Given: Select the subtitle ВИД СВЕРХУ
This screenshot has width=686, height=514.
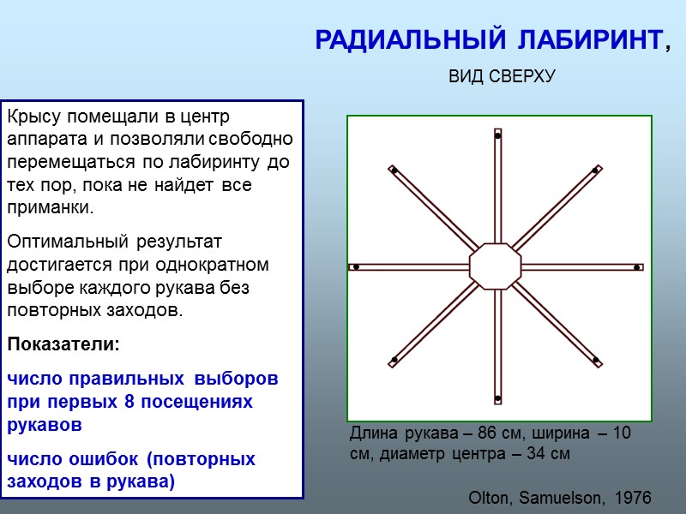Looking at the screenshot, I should pyautogui.click(x=502, y=77).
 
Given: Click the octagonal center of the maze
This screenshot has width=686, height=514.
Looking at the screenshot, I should pyautogui.click(x=496, y=266).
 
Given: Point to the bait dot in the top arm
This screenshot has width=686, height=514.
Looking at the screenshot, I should pyautogui.click(x=497, y=136).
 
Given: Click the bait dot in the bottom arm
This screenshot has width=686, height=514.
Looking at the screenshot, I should pyautogui.click(x=497, y=397).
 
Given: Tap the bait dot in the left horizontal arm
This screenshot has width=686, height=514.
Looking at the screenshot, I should pyautogui.click(x=356, y=267).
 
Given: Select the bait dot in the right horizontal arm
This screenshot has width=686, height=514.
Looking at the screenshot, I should pyautogui.click(x=636, y=268).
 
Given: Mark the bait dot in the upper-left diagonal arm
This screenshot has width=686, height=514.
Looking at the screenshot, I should pyautogui.click(x=394, y=170).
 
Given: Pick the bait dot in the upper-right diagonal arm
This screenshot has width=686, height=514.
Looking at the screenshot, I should pyautogui.click(x=595, y=170).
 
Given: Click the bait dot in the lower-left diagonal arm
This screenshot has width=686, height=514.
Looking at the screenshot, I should pyautogui.click(x=394, y=360).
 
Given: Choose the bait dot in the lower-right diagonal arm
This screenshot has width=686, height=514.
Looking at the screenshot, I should pyautogui.click(x=595, y=360).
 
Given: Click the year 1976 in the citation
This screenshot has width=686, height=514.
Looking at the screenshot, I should pyautogui.click(x=633, y=498).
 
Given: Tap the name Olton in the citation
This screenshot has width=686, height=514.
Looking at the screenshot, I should pyautogui.click(x=489, y=498).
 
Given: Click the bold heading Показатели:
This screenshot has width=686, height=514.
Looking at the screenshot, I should pyautogui.click(x=63, y=345).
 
